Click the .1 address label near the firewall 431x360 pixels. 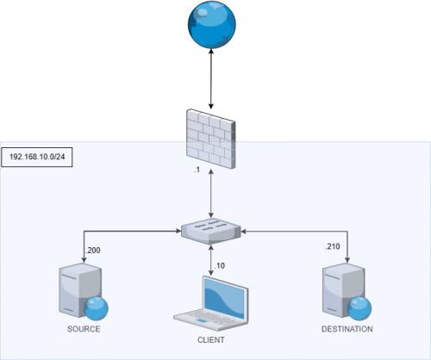click(x=197, y=171)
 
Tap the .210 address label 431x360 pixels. click(x=332, y=247)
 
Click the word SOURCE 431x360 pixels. click(x=84, y=329)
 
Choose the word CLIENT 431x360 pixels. click(x=210, y=340)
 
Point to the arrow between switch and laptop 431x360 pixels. click(x=211, y=258)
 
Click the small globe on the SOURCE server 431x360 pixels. click(x=95, y=308)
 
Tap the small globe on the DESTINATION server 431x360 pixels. click(x=358, y=308)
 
